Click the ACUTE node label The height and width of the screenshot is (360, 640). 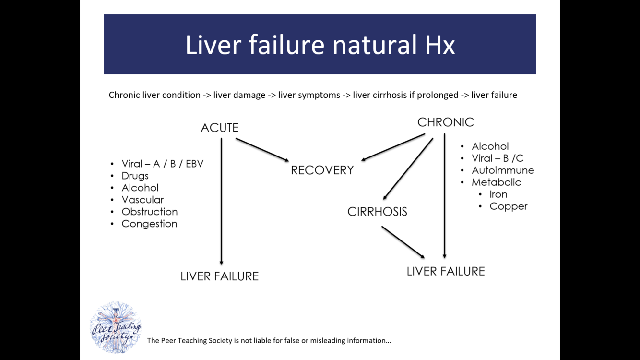point(219,128)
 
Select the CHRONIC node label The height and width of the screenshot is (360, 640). point(445,122)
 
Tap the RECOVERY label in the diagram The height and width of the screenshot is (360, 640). point(322,170)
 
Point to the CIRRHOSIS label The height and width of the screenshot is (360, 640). point(377,212)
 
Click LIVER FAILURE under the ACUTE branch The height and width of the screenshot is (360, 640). point(219,276)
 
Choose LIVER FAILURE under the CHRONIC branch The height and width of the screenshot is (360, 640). point(445,272)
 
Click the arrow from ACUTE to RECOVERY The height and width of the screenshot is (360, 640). point(262,149)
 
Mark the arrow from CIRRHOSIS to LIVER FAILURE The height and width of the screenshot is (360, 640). point(403,242)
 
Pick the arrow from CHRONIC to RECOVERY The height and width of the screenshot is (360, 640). point(393,147)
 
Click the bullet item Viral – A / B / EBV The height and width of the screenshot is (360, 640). point(162,164)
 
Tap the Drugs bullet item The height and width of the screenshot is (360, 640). point(135,176)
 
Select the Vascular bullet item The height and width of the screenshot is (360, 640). point(142,200)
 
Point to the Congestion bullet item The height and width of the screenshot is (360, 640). point(149,224)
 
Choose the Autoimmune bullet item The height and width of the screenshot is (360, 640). point(502,170)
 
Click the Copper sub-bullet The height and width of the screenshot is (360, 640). point(508,206)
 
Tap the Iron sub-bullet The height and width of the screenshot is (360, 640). point(498,194)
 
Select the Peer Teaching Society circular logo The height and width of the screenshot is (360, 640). point(116,327)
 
